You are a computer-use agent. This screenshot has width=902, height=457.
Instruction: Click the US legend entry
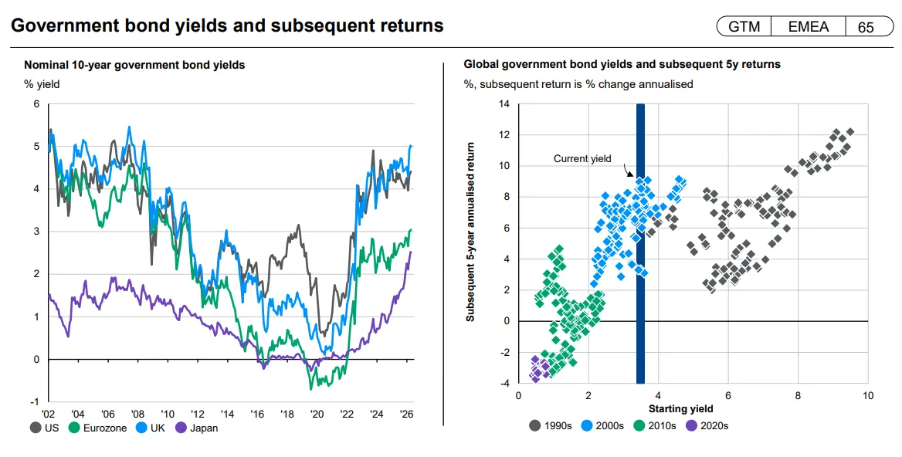point(44,428)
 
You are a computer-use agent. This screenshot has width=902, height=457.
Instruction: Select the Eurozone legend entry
point(97,428)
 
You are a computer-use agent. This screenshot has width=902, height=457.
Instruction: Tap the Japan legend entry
point(197,428)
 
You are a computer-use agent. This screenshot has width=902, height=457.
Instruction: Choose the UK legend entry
point(150,428)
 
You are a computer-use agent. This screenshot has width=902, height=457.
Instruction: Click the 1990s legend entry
point(551,426)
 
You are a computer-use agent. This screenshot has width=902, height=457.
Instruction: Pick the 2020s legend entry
point(707,426)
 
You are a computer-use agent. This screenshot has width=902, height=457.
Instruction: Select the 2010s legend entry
point(655,426)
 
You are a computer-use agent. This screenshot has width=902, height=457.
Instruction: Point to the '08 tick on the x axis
point(137,414)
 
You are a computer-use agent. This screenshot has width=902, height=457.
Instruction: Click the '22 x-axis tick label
point(347,414)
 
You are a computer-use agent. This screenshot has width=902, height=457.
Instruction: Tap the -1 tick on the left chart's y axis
point(36,402)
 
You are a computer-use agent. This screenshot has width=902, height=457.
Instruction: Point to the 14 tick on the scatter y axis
point(504,104)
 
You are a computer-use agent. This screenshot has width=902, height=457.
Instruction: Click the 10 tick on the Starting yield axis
point(867,395)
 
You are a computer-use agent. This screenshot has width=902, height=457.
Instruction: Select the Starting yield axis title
point(681,408)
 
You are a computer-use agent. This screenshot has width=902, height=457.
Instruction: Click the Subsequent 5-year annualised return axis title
point(470,232)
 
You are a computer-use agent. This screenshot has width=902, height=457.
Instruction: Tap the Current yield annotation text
point(582,159)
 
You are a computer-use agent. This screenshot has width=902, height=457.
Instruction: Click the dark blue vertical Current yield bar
point(640,243)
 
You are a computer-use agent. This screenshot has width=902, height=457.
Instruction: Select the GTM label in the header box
point(744,27)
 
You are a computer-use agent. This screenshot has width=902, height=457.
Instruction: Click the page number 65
point(866,27)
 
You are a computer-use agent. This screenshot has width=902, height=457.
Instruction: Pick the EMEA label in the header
point(809,27)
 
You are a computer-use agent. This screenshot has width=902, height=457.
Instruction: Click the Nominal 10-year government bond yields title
point(134,65)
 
